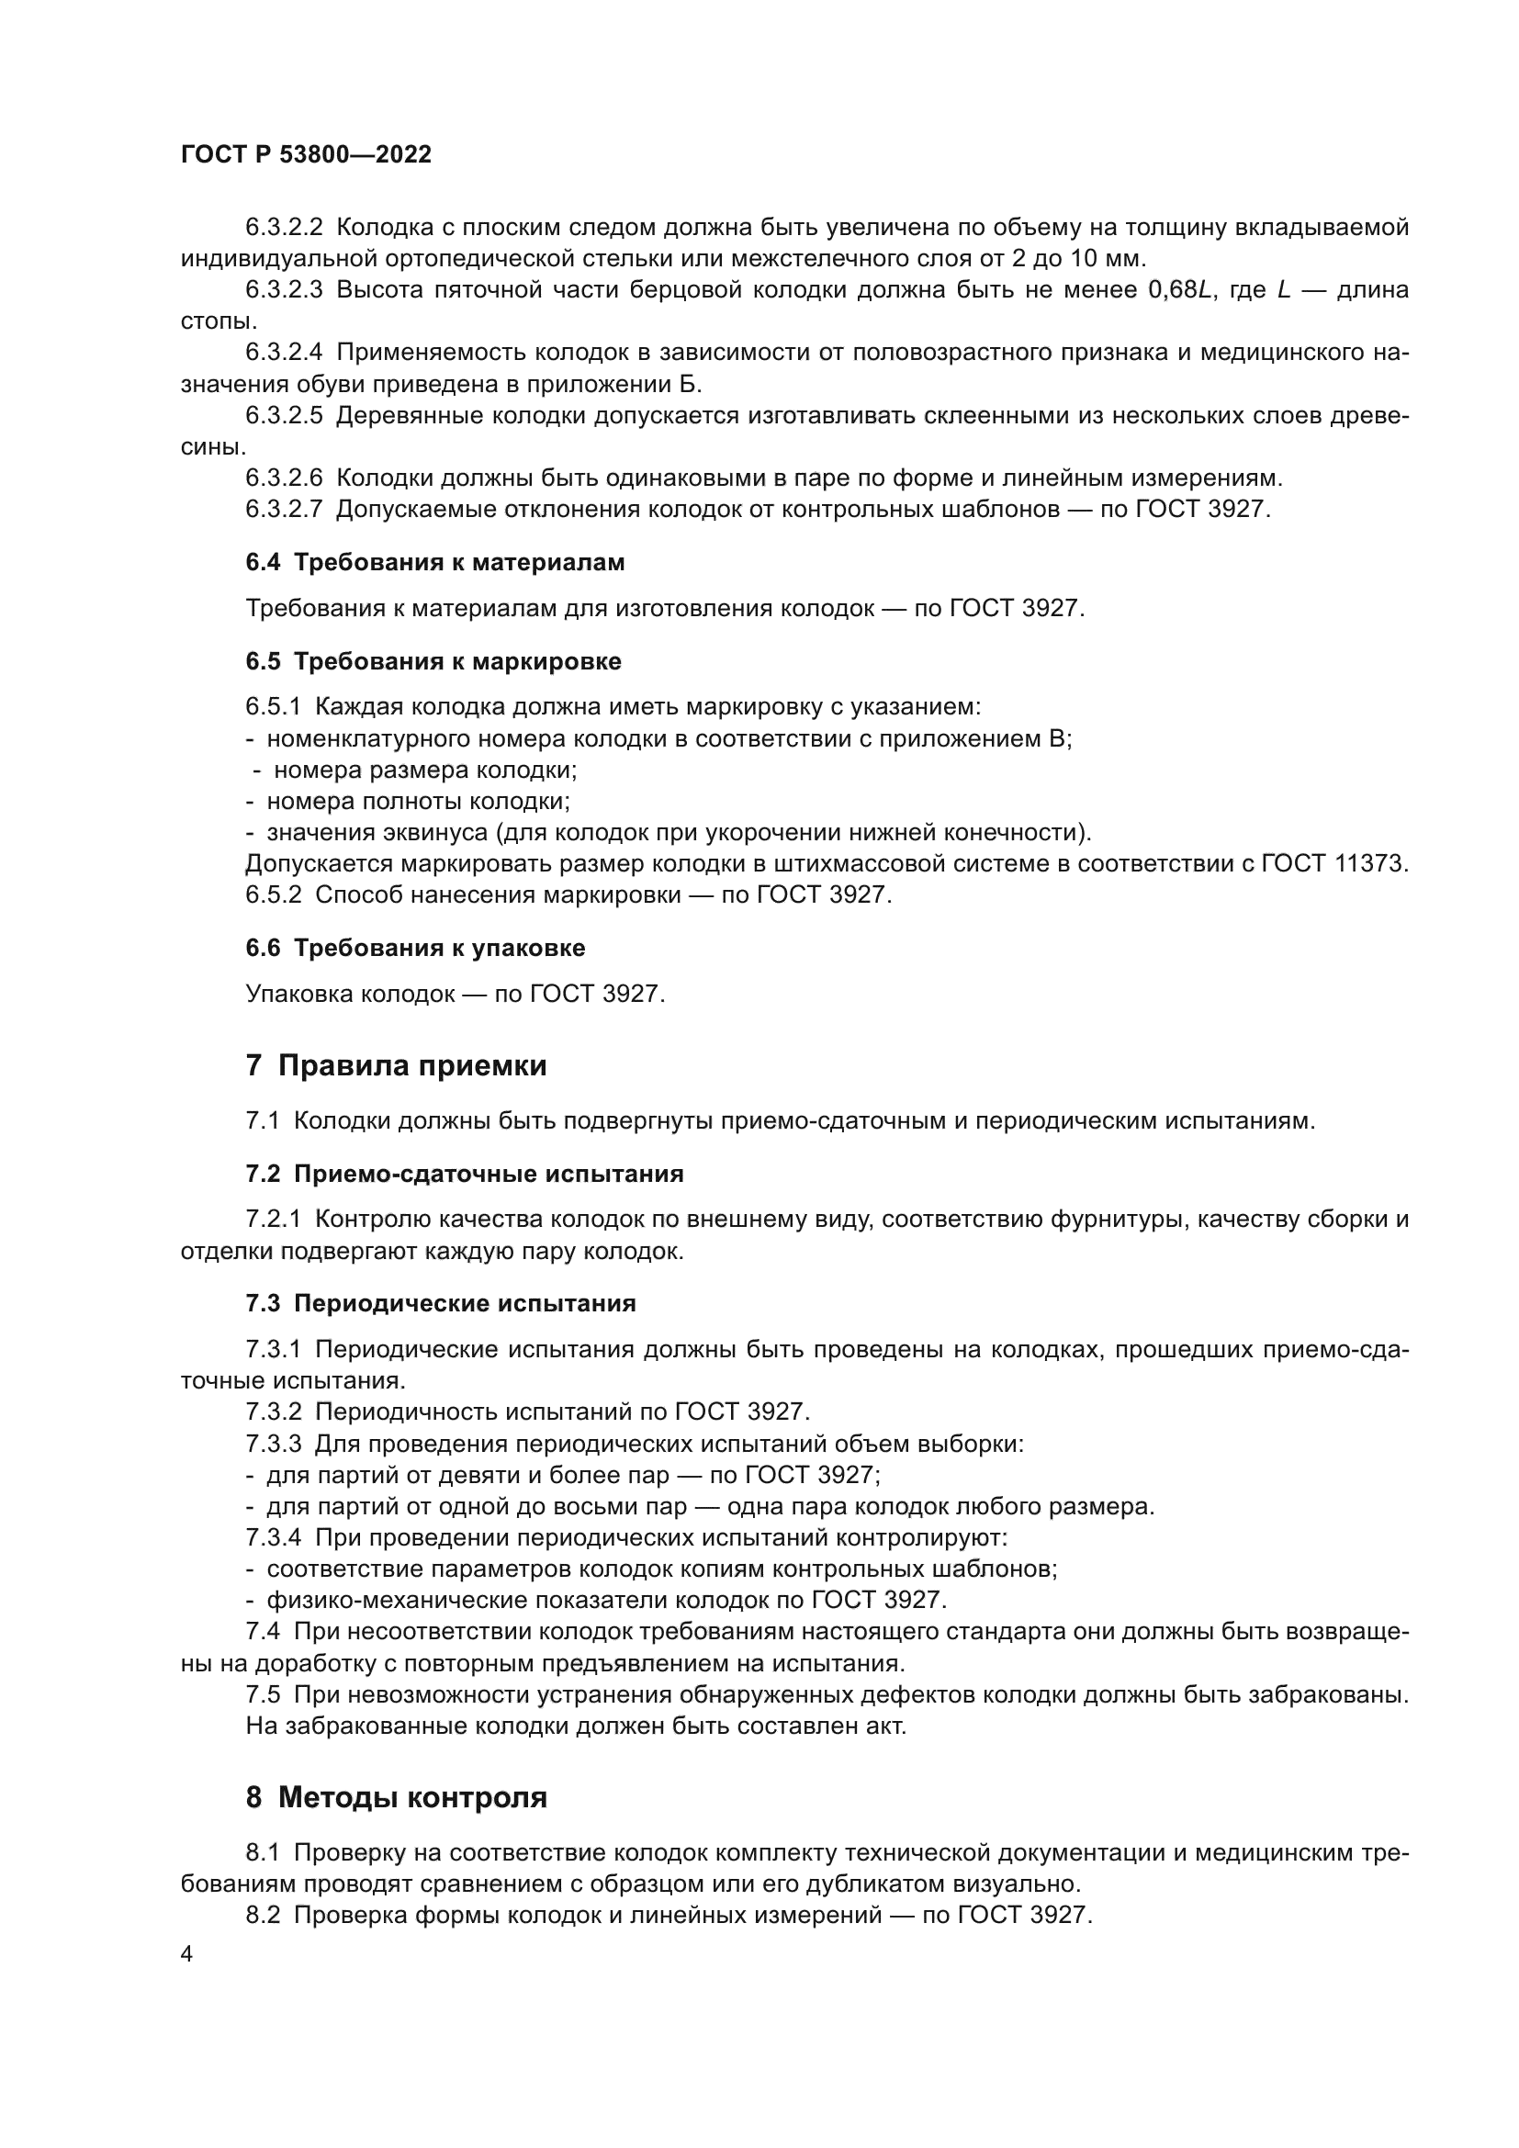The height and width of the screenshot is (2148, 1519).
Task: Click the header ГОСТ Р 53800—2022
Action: click(x=306, y=155)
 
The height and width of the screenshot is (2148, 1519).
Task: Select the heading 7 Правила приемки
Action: click(x=396, y=1065)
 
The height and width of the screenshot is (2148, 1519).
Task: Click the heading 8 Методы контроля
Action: click(x=396, y=1816)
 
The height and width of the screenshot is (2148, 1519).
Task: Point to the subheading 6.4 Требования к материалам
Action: click(x=435, y=562)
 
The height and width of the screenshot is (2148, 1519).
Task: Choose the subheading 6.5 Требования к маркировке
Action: click(x=433, y=661)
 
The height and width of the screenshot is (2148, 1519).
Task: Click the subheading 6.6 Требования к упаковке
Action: click(x=415, y=948)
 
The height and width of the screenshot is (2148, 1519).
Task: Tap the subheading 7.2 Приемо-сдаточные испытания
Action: click(x=464, y=1175)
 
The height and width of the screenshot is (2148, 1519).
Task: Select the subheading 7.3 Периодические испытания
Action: click(x=441, y=1303)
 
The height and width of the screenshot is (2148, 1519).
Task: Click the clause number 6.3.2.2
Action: click(x=285, y=228)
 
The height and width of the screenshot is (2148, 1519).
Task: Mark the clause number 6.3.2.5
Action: click(x=285, y=415)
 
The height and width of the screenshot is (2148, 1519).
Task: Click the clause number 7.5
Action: click(x=263, y=1694)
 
